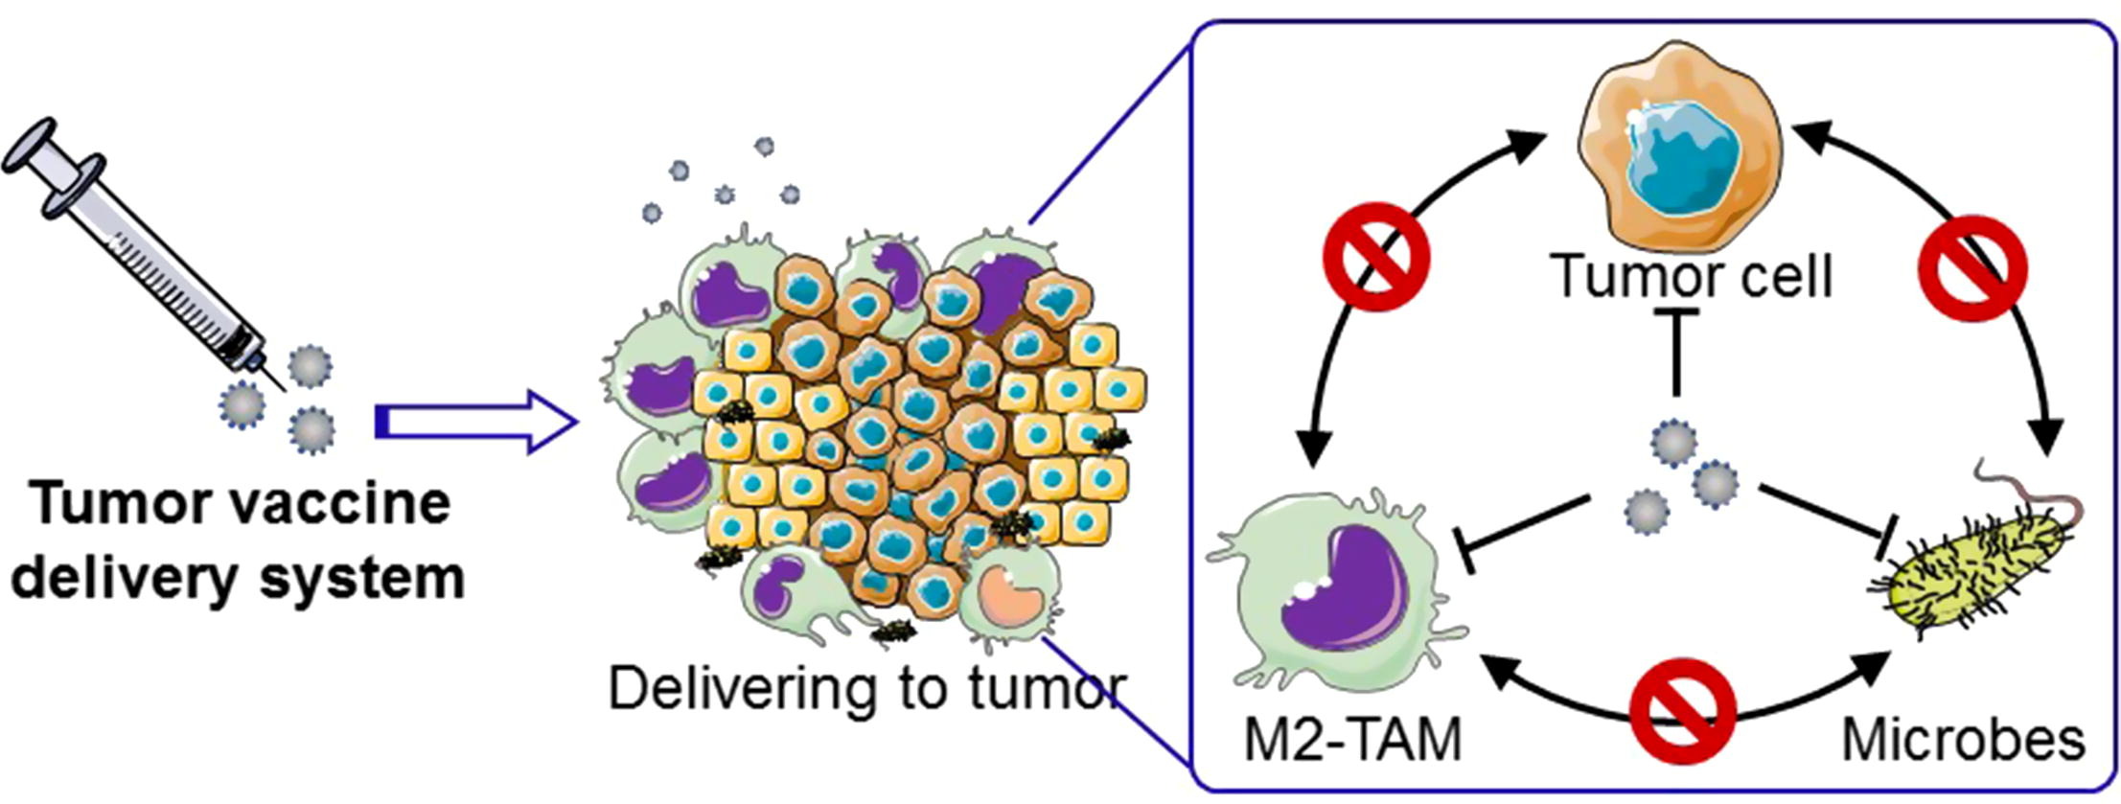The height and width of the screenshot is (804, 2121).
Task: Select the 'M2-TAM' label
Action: (1352, 740)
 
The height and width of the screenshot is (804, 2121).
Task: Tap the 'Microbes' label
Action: (1964, 740)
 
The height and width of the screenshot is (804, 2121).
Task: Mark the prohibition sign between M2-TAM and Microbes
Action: (1684, 710)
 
